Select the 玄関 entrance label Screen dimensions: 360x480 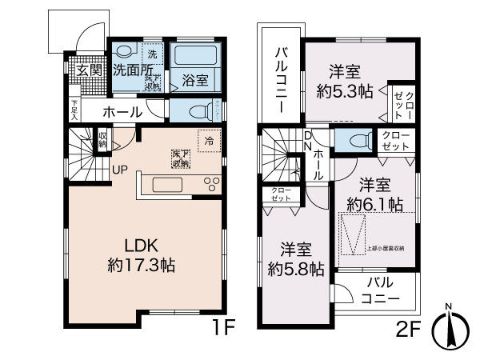pyautogui.click(x=88, y=70)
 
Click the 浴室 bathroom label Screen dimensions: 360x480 pyautogui.click(x=195, y=79)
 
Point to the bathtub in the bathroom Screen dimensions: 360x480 pyautogui.click(x=197, y=57)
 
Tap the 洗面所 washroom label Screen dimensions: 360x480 pyautogui.click(x=132, y=70)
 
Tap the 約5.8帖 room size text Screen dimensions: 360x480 pyautogui.click(x=295, y=269)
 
